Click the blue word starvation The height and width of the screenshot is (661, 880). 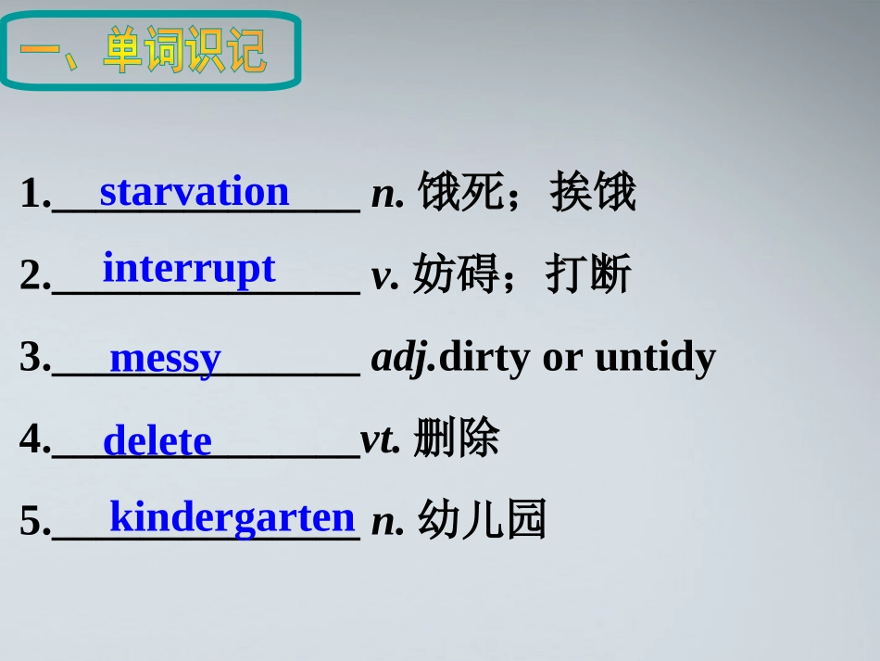click(195, 192)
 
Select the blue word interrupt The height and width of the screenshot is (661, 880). click(189, 268)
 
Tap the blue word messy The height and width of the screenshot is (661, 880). click(166, 358)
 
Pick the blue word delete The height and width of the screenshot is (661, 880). click(157, 440)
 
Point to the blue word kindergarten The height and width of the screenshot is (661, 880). click(233, 516)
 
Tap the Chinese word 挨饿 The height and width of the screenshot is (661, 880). click(593, 193)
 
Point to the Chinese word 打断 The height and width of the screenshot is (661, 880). click(588, 274)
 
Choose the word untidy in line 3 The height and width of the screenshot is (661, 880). click(655, 357)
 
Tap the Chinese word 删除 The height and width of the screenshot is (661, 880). click(457, 439)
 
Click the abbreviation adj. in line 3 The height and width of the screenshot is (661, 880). click(403, 358)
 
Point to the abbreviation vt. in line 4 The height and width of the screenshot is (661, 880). click(380, 439)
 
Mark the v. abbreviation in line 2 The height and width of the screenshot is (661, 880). click(384, 275)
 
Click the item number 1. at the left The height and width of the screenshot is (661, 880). click(35, 194)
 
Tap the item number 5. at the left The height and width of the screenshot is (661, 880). click(35, 522)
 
